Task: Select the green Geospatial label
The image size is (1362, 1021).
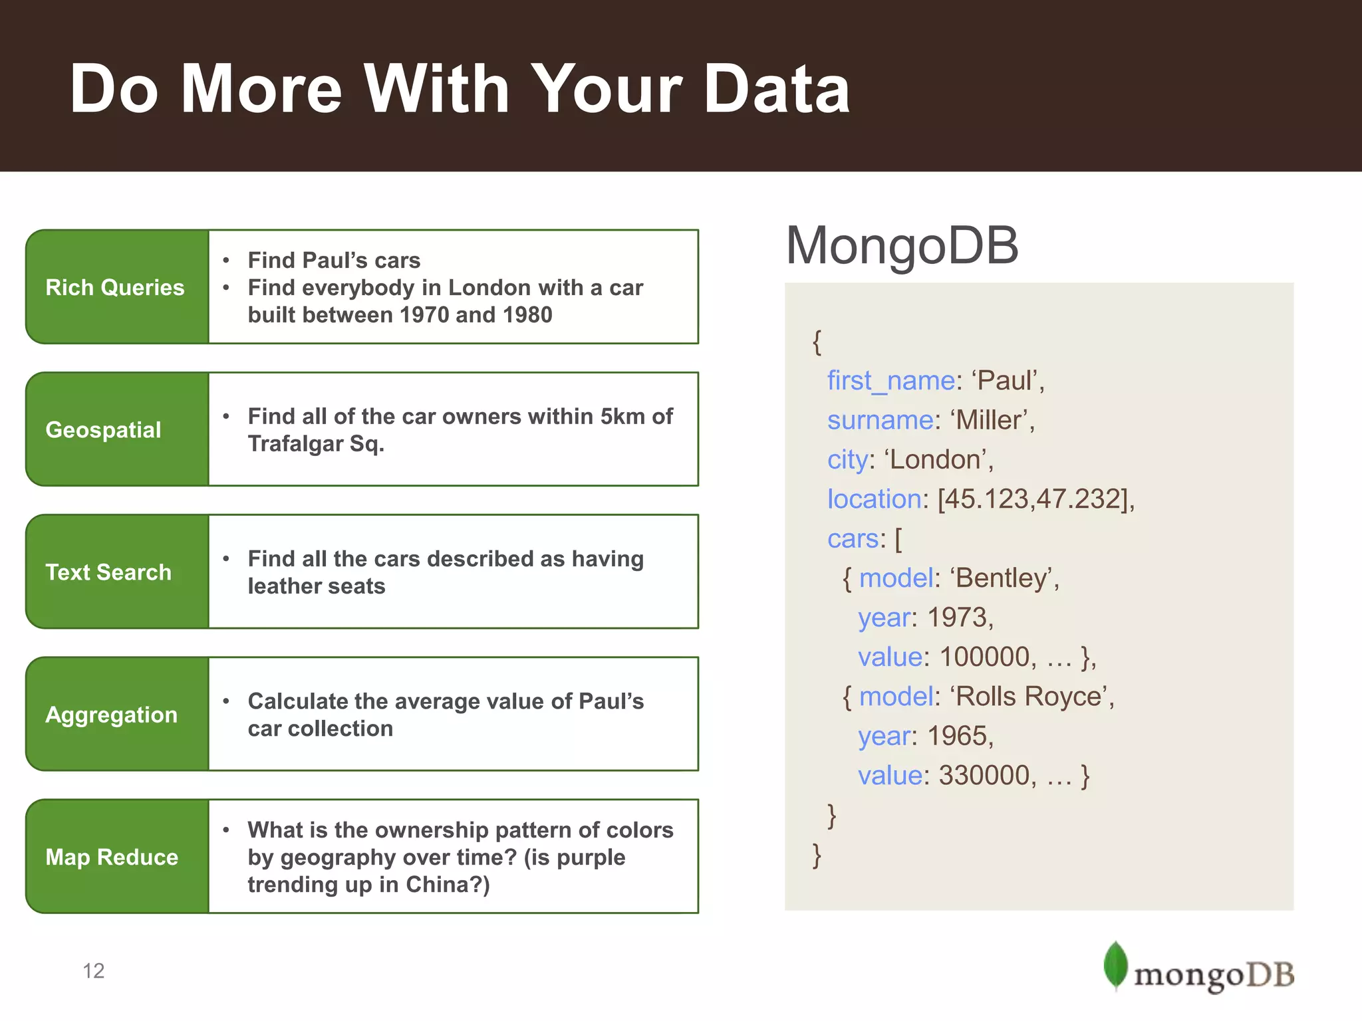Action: pyautogui.click(x=104, y=429)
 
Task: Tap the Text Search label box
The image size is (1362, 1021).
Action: pyautogui.click(x=109, y=572)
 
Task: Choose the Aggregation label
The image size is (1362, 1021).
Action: pyautogui.click(x=112, y=715)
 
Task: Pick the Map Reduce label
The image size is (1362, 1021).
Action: pyautogui.click(x=112, y=857)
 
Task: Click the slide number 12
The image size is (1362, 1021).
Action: pyautogui.click(x=94, y=971)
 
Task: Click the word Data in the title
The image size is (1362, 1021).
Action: pyautogui.click(x=777, y=89)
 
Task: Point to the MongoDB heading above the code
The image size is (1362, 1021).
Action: pyautogui.click(x=902, y=246)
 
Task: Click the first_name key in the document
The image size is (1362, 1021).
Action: pyautogui.click(x=890, y=381)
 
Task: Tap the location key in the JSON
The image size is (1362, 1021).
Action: pyautogui.click(x=874, y=499)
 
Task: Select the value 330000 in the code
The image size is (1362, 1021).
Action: pyautogui.click(x=984, y=776)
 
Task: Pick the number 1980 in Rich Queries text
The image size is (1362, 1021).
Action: pyautogui.click(x=527, y=315)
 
